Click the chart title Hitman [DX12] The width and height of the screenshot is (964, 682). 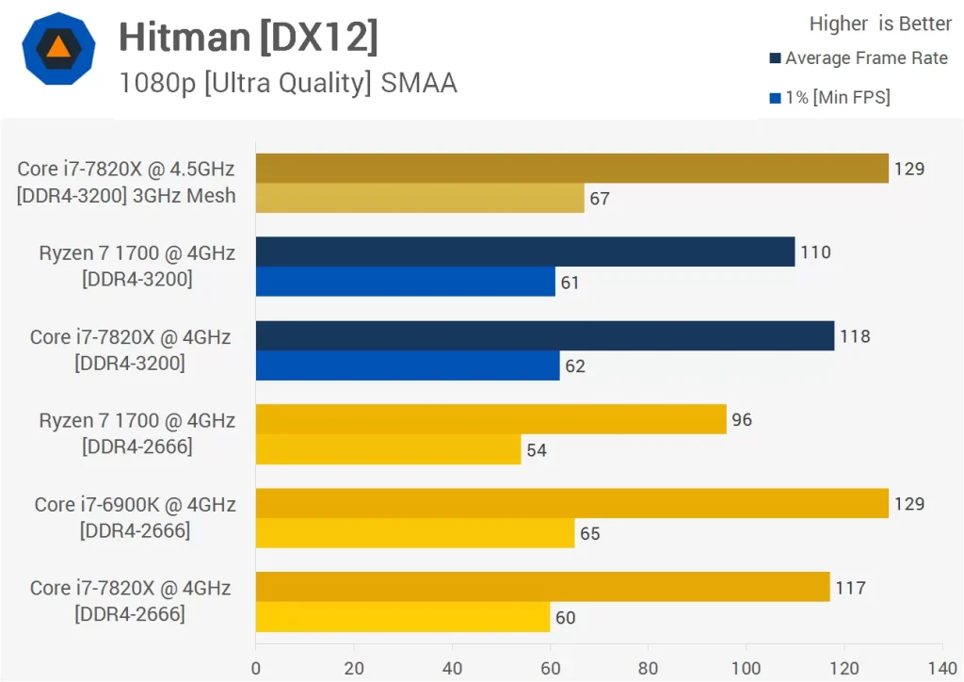249,38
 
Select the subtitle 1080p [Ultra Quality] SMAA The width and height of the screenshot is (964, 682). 288,83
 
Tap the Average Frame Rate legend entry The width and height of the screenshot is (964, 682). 859,58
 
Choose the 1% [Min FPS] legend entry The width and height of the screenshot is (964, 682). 830,97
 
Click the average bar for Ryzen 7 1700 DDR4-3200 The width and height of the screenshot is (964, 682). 525,252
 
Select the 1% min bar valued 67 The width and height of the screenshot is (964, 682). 420,198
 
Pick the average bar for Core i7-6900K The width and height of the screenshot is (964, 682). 572,503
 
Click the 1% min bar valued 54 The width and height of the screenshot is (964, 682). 388,449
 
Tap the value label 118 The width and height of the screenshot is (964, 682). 856,336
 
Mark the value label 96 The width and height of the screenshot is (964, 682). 742,419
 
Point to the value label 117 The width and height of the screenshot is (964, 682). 850,588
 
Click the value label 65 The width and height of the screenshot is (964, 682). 590,533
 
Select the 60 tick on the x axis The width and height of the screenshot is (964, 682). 550,668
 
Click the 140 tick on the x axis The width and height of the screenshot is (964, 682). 941,668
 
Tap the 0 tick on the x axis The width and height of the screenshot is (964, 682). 256,668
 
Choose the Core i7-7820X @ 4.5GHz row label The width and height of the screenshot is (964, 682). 126,183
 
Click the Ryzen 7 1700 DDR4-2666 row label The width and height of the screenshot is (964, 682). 137,432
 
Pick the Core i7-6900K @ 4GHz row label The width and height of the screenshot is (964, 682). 135,517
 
